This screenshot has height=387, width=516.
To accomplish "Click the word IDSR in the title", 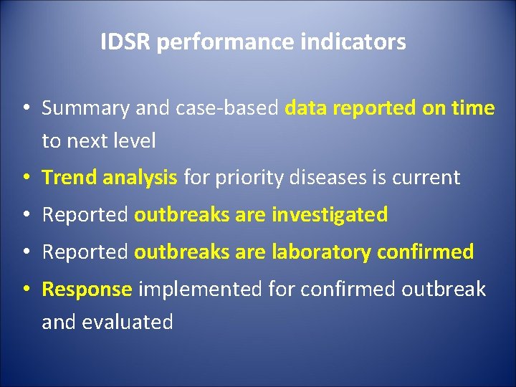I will (125, 42).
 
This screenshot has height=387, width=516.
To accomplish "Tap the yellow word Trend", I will (70, 178).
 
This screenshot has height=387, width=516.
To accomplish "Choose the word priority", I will (251, 178).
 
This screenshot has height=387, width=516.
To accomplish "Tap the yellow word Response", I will (87, 290).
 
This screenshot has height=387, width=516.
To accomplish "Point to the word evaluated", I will (128, 322).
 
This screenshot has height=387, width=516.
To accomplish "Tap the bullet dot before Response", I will (25, 290).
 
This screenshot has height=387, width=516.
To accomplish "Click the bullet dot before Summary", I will (25, 109).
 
